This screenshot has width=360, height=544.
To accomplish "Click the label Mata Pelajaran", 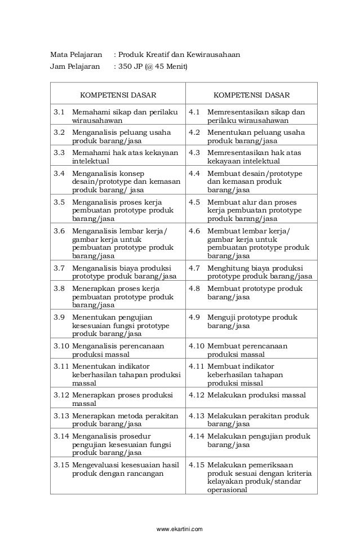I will pos(77,55).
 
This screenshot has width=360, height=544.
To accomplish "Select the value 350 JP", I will pos(130,68).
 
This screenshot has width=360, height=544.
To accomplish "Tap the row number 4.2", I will pos(194,132).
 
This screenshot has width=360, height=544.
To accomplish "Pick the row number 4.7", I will pos(194,268).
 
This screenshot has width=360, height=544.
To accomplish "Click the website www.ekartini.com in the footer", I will pos(180,529).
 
